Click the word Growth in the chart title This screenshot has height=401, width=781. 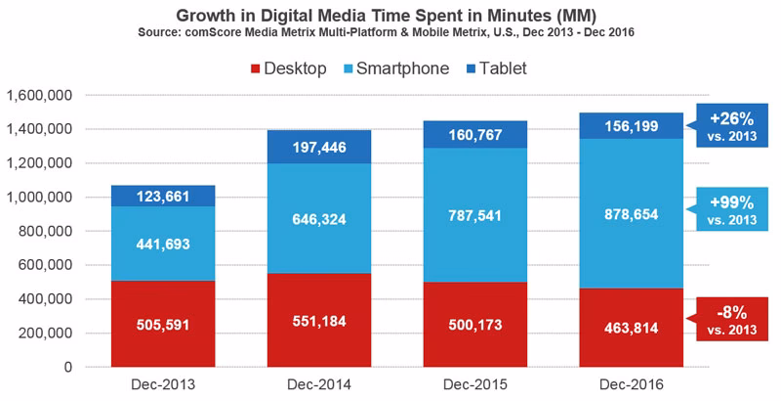(202, 16)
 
